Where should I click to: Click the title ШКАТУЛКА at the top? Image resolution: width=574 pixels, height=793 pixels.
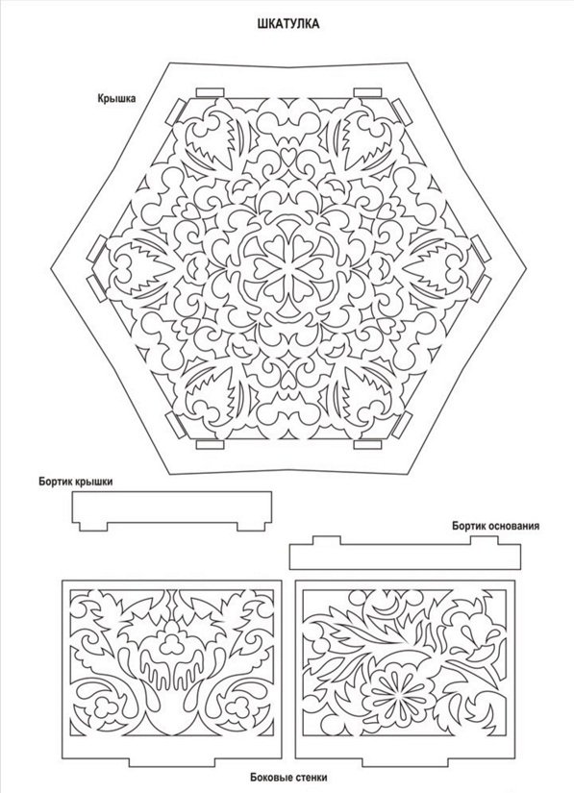click(288, 24)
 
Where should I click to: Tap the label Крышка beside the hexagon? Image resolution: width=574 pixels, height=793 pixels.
click(117, 99)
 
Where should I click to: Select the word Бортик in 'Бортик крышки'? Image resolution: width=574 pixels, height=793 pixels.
click(55, 482)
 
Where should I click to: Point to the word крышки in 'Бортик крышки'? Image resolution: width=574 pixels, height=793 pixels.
click(93, 482)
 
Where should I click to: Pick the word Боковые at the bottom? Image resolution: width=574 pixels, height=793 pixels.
click(269, 778)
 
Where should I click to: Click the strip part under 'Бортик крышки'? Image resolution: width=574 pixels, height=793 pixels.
click(172, 510)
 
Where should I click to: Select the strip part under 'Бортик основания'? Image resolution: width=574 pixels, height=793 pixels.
click(405, 553)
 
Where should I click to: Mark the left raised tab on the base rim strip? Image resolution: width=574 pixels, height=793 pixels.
click(326, 540)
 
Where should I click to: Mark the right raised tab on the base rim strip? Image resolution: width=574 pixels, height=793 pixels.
click(485, 540)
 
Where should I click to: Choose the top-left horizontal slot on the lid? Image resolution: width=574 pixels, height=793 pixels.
click(210, 92)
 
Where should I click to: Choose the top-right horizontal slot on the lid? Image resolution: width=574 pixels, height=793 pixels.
click(367, 92)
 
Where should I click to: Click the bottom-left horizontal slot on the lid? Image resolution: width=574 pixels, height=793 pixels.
click(210, 444)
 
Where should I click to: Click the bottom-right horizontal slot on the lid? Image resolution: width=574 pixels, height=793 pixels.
click(367, 444)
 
